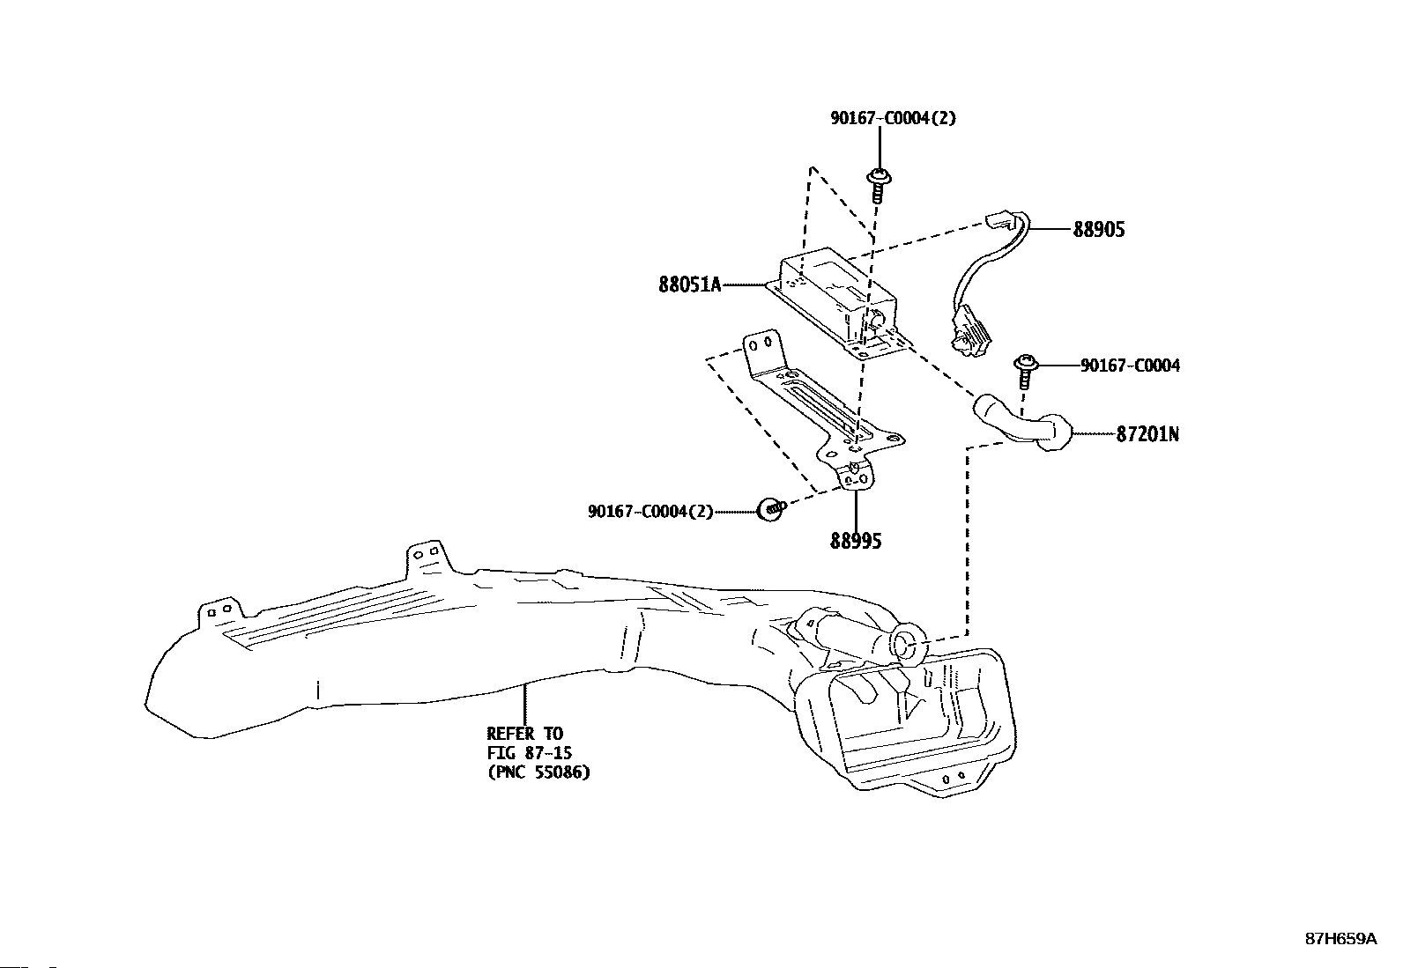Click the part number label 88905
1099,229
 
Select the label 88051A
689,284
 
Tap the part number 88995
856,541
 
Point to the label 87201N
1147,434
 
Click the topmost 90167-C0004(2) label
893,118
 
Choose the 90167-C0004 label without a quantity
1130,366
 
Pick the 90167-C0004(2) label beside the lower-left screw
650,512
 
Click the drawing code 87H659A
1341,957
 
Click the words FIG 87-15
530,752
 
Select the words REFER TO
525,733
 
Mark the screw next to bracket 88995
771,508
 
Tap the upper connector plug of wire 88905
999,220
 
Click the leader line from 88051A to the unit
745,284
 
